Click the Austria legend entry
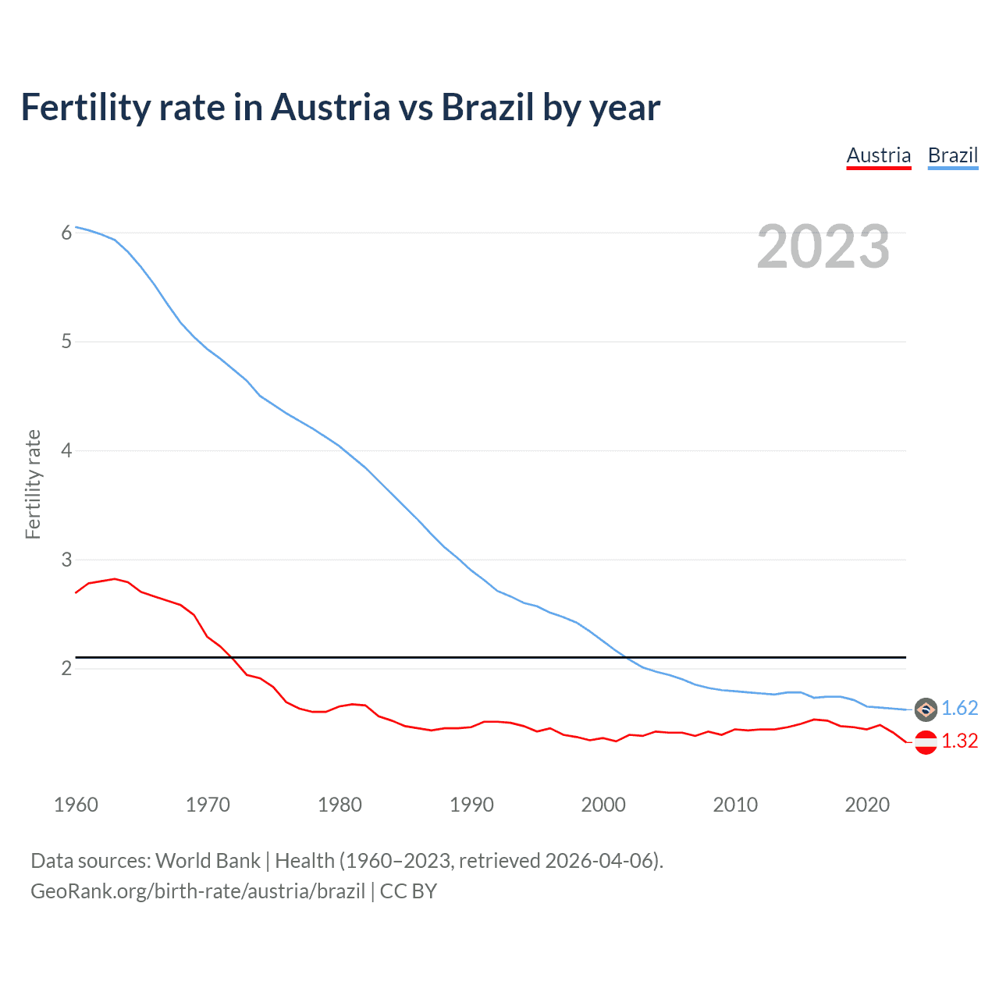tap(879, 155)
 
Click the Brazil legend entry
tap(952, 155)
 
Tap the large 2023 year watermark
tap(823, 247)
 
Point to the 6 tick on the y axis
tap(66, 233)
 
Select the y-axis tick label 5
tap(66, 342)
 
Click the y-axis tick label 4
tap(66, 451)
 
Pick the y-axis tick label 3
tap(66, 560)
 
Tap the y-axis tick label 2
tap(66, 669)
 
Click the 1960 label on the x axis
tap(76, 805)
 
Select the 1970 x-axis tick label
tap(208, 805)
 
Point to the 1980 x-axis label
tap(340, 805)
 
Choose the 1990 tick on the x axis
tap(471, 805)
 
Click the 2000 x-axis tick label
tap(603, 805)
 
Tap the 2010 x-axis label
tap(735, 805)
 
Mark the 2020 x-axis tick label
tap(867, 805)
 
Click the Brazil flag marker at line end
tap(926, 709)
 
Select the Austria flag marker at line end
tap(926, 742)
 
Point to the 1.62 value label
tap(959, 708)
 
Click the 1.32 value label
tap(959, 741)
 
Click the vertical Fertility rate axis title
tap(33, 484)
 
